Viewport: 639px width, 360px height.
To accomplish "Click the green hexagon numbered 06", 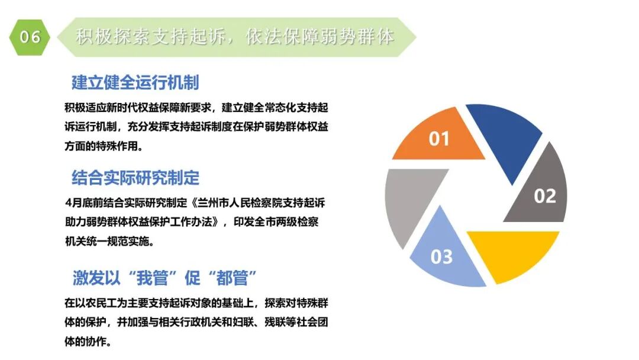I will (x=30, y=37).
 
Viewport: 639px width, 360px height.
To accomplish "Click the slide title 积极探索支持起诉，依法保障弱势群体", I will (x=235, y=37).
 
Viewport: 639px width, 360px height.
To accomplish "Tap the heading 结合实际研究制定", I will (x=135, y=178).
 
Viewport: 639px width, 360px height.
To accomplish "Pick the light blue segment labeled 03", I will (x=441, y=252).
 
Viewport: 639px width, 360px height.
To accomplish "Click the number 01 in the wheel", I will (x=439, y=140).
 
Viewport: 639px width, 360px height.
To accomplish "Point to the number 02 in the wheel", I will (x=545, y=196).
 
